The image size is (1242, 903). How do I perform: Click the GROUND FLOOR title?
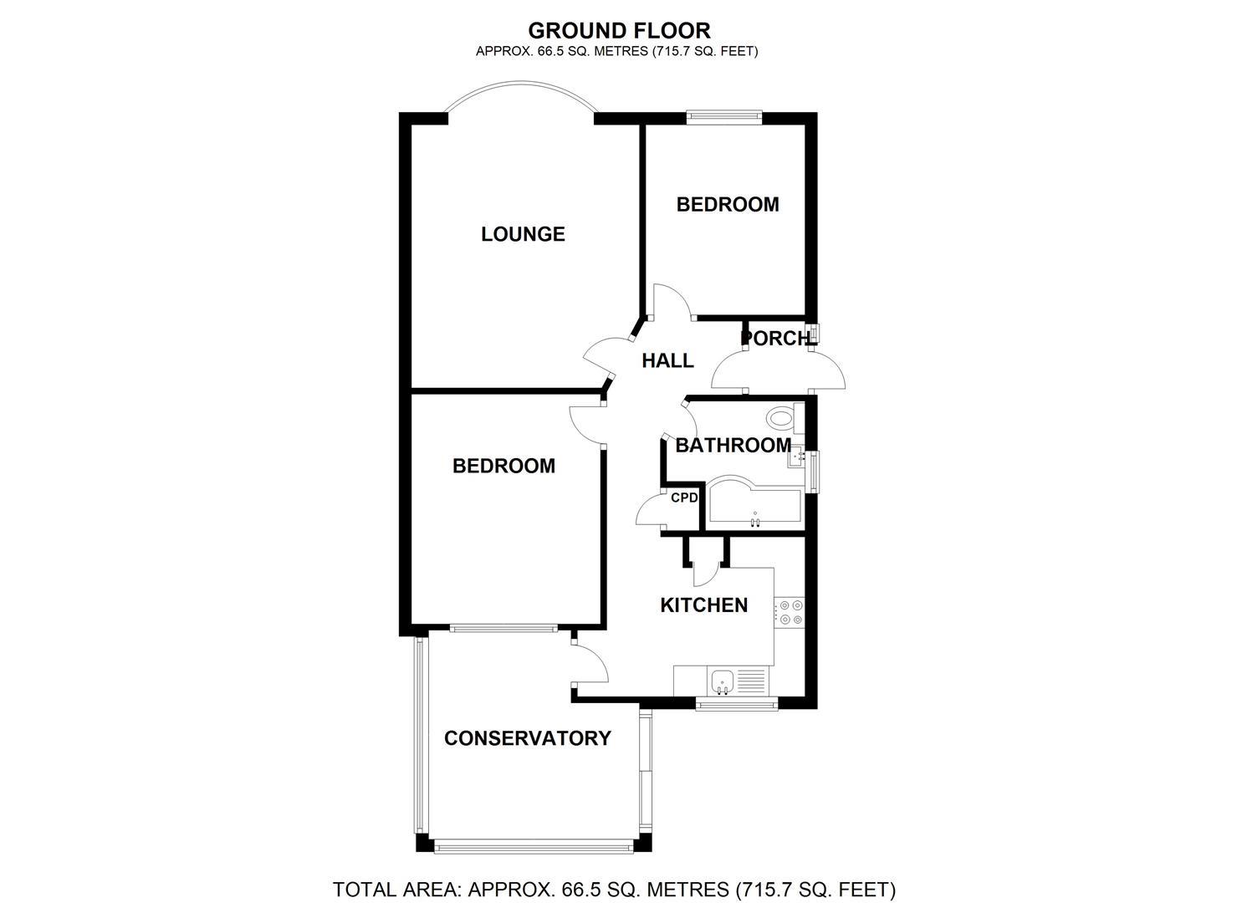(x=619, y=31)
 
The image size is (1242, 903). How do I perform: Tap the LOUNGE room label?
(x=523, y=234)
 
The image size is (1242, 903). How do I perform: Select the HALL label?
(x=667, y=360)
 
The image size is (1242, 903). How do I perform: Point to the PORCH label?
(x=777, y=339)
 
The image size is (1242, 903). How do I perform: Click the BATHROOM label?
(x=733, y=446)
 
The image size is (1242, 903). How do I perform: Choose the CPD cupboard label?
(x=684, y=497)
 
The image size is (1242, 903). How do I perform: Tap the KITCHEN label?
(x=703, y=605)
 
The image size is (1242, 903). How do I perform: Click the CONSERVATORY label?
(x=527, y=738)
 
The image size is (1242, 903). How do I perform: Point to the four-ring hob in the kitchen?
(x=790, y=612)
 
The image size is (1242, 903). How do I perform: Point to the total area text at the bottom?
(x=614, y=889)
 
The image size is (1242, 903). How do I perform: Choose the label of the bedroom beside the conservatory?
(x=503, y=466)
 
